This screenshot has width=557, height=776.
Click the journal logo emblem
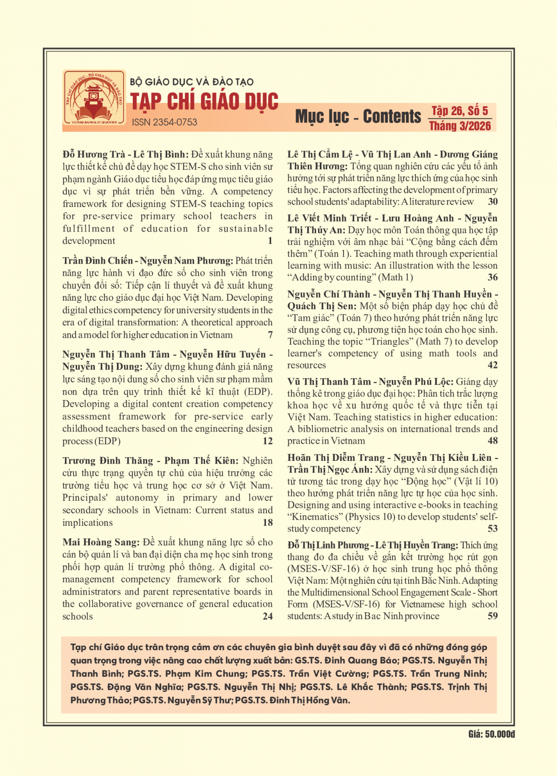pos(94,98)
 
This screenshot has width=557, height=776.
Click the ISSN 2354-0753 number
pos(164,122)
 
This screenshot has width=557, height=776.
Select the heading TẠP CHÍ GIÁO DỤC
pos(204,102)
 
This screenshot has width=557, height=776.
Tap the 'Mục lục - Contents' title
pos(358,116)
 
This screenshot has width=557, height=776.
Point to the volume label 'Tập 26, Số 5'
pos(460,110)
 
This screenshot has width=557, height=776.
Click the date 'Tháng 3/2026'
pos(460,126)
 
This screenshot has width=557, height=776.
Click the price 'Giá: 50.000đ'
pos(491,734)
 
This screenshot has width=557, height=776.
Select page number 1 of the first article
pos(270,240)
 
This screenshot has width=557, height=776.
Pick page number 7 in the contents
pos(270,335)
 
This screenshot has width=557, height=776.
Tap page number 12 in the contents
pos(268,441)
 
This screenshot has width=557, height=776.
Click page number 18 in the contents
pos(268,523)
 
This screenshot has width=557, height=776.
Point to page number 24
pos(268,616)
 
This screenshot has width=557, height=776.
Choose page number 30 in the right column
pos(493,201)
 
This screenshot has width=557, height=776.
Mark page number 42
pos(493,365)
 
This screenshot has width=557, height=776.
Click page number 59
pos(493,616)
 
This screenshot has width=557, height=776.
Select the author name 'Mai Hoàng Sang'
pos(100,542)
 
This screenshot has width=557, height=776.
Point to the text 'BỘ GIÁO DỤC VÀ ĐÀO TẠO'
pos(192,82)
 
